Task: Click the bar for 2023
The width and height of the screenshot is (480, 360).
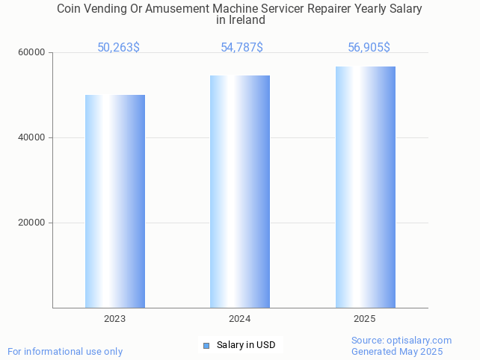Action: click(x=115, y=201)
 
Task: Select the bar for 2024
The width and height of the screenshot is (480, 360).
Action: click(x=240, y=191)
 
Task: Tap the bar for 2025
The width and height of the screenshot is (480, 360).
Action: click(x=365, y=187)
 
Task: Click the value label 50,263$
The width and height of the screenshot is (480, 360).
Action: click(x=118, y=48)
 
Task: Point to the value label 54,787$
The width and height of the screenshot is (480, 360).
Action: click(x=241, y=48)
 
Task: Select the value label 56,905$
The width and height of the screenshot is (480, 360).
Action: click(x=369, y=48)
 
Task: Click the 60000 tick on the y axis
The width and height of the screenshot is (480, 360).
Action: click(x=32, y=53)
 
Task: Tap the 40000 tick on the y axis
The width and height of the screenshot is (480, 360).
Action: click(x=32, y=137)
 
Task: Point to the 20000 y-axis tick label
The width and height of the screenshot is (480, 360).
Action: click(x=32, y=223)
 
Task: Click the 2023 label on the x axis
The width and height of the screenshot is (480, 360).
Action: click(x=115, y=319)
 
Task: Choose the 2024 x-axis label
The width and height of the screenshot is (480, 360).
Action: click(x=240, y=319)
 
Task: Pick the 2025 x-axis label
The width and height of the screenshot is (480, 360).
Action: click(x=365, y=319)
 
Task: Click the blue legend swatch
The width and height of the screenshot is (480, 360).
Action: click(x=206, y=345)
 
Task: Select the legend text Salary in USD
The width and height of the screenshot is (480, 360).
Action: click(x=246, y=345)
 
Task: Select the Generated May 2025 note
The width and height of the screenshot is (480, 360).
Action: click(x=397, y=352)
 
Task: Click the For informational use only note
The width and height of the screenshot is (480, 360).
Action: click(x=65, y=352)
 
